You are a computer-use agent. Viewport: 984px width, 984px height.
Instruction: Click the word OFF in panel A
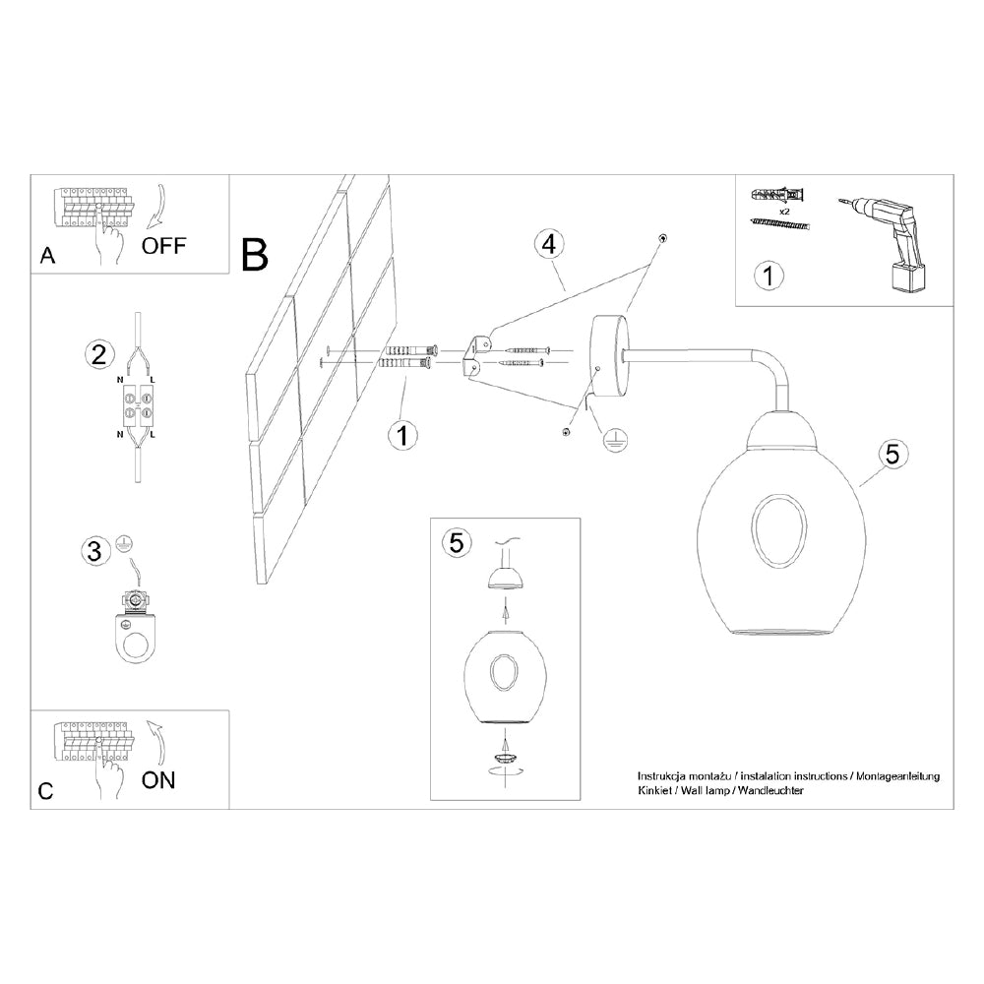pyautogui.click(x=163, y=245)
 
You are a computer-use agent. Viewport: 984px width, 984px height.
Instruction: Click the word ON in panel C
pyautogui.click(x=158, y=780)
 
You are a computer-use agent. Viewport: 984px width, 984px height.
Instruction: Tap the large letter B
pyautogui.click(x=254, y=255)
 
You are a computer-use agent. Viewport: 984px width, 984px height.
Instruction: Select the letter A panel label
pyautogui.click(x=46, y=257)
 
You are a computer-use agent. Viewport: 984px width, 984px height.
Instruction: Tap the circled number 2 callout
pyautogui.click(x=97, y=355)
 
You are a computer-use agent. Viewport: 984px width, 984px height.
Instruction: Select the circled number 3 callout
pyautogui.click(x=94, y=551)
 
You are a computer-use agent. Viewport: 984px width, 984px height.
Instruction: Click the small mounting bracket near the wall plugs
pyautogui.click(x=475, y=355)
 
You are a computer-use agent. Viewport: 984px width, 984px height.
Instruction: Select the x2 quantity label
pyautogui.click(x=785, y=212)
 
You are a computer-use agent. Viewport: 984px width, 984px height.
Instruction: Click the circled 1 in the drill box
pyautogui.click(x=770, y=276)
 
